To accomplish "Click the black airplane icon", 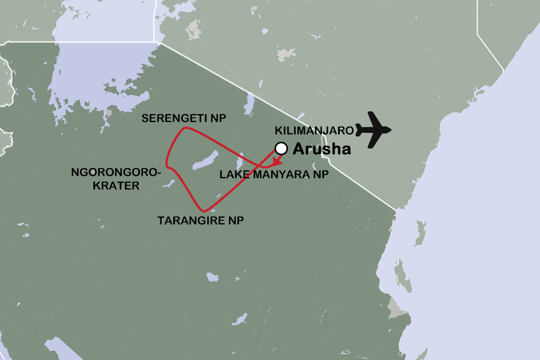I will click(x=375, y=130).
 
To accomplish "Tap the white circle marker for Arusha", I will click(x=281, y=148).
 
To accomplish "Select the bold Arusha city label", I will click(x=322, y=149).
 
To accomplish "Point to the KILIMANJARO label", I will click(x=314, y=130).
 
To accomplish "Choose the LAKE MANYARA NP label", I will click(x=273, y=175).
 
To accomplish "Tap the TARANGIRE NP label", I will click(x=200, y=220).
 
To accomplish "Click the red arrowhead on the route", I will click(x=276, y=161).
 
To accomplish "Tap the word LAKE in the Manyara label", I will click(x=233, y=175).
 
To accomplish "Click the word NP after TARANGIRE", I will click(x=236, y=220).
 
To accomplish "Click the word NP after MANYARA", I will click(x=319, y=175).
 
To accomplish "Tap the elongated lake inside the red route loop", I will click(x=205, y=160).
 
